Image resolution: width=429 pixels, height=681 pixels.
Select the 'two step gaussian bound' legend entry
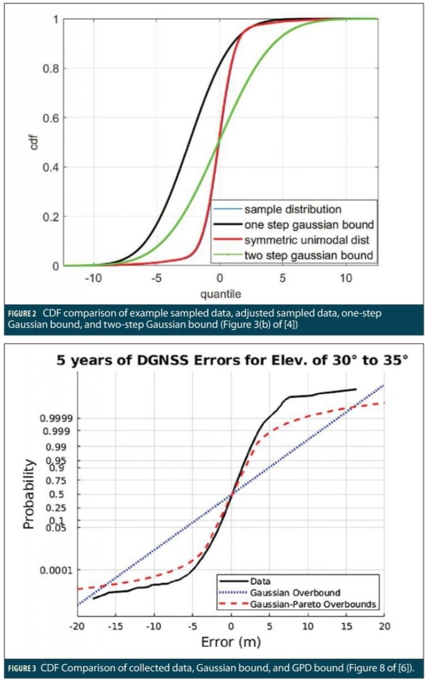click(308, 255)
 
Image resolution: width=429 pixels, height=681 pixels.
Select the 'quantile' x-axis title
click(220, 294)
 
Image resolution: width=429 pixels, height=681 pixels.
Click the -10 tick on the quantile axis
click(94, 279)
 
